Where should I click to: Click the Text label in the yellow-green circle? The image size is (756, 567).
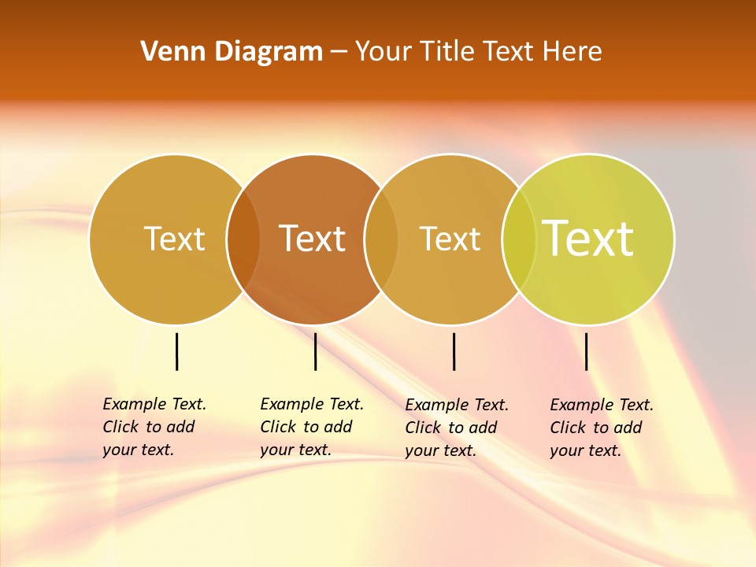(588, 239)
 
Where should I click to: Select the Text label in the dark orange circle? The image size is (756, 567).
(313, 239)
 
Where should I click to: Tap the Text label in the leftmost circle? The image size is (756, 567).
(175, 239)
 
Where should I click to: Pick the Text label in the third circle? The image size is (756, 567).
(450, 239)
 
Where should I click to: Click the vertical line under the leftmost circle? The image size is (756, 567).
(177, 351)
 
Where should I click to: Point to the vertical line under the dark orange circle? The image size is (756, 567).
(315, 351)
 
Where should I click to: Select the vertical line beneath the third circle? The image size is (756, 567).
(454, 351)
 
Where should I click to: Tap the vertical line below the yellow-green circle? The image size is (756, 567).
(587, 351)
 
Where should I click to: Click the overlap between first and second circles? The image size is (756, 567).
(243, 239)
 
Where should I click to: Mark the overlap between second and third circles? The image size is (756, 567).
(381, 239)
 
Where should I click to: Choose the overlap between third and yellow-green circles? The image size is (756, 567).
(519, 239)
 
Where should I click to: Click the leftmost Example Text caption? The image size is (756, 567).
(154, 427)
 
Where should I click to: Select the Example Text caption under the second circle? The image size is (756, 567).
(311, 427)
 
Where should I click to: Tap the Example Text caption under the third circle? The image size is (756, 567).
(456, 428)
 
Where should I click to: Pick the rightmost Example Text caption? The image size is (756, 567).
(601, 428)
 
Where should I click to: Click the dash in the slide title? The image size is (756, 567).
(339, 52)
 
